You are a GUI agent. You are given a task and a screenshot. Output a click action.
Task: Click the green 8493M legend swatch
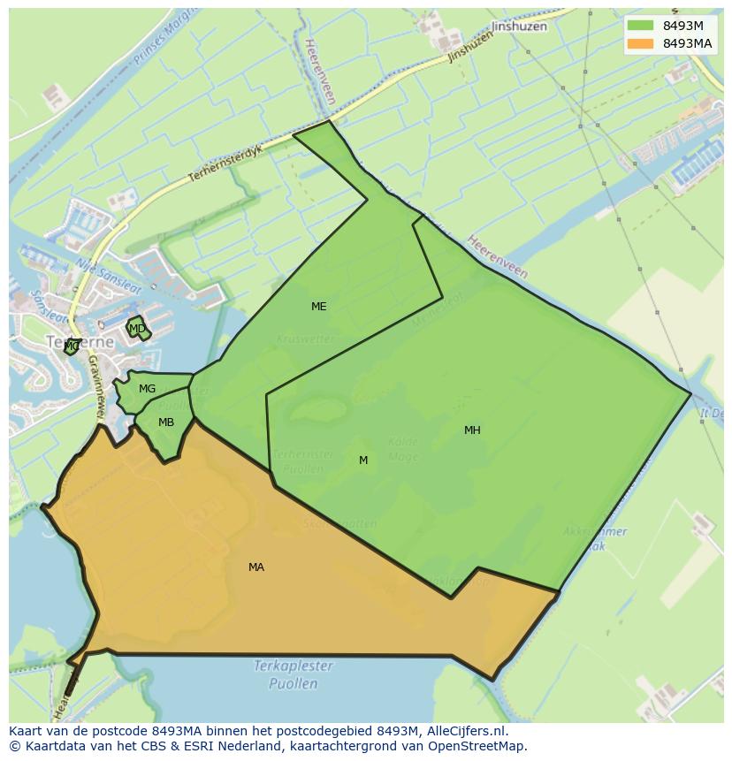[640, 26]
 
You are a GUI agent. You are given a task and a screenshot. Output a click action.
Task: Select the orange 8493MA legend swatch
[640, 43]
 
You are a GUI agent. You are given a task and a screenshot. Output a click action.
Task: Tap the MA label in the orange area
[256, 567]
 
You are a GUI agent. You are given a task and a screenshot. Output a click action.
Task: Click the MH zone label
[472, 430]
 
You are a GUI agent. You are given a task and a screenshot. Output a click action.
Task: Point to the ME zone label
[319, 307]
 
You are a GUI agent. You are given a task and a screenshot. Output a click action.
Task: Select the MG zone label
[147, 389]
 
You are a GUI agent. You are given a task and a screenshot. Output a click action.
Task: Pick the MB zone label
[166, 422]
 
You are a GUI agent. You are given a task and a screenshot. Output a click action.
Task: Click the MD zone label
[137, 329]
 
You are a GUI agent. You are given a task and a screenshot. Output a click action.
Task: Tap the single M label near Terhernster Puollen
[363, 460]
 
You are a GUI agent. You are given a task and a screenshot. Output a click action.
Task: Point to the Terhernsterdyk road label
[225, 164]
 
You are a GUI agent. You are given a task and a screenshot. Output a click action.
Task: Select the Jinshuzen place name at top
[519, 27]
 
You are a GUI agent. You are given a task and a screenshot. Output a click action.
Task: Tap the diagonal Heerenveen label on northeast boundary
[498, 257]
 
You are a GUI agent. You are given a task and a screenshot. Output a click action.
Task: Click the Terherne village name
[69, 341]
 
